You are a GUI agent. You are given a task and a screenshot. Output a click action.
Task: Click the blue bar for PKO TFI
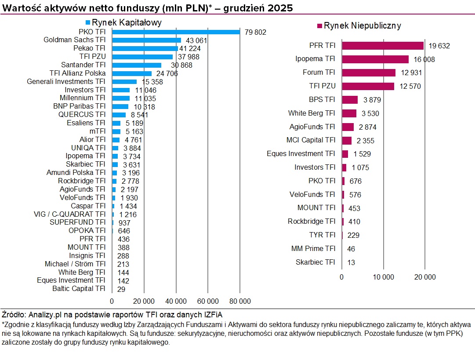pyautogui.click(x=176, y=32)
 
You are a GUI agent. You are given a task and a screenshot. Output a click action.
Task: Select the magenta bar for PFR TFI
pyautogui.click(x=383, y=45)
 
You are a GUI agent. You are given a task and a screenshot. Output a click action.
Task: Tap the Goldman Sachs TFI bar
pyautogui.click(x=146, y=40)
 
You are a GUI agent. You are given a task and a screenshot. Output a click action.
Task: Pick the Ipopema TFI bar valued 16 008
pyautogui.click(x=375, y=59)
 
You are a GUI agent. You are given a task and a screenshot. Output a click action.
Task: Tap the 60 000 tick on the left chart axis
pyautogui.click(x=208, y=301)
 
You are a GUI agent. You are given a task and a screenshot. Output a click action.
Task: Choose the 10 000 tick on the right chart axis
pyautogui.click(x=383, y=277)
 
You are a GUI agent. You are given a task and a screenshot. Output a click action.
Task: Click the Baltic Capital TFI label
pyautogui.click(x=79, y=289)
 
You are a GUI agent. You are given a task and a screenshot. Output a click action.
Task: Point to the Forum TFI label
pyautogui.click(x=319, y=73)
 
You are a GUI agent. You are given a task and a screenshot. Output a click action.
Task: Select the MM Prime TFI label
pyautogui.click(x=313, y=249)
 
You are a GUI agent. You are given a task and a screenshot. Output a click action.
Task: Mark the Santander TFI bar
pyautogui.click(x=137, y=65)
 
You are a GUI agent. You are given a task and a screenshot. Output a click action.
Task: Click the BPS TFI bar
pyautogui.click(x=350, y=100)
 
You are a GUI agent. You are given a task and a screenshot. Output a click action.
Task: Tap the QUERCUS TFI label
pyautogui.click(x=82, y=115)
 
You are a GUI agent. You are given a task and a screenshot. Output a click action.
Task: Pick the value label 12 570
pyautogui.click(x=410, y=87)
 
